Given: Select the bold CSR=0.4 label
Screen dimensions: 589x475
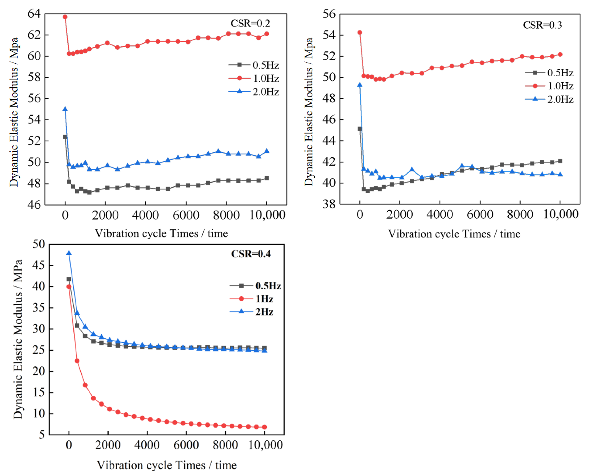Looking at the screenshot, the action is [x=251, y=254].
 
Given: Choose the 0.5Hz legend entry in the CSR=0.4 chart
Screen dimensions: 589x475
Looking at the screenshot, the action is [x=255, y=286].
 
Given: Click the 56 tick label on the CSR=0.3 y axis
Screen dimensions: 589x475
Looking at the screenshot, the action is [x=329, y=14].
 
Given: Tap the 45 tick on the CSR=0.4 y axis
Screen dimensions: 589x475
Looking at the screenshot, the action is [x=39, y=265].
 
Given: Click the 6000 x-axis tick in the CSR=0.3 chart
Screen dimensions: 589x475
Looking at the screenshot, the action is [x=480, y=214].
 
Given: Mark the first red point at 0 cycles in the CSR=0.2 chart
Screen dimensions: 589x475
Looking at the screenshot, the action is [x=65, y=17].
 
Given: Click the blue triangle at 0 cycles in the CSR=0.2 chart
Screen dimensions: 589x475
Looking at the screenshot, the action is [x=65, y=109].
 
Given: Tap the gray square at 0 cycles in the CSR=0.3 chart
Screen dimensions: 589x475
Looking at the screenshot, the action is [x=360, y=129].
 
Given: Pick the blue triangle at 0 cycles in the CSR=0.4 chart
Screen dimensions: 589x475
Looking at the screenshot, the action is [x=69, y=253].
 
